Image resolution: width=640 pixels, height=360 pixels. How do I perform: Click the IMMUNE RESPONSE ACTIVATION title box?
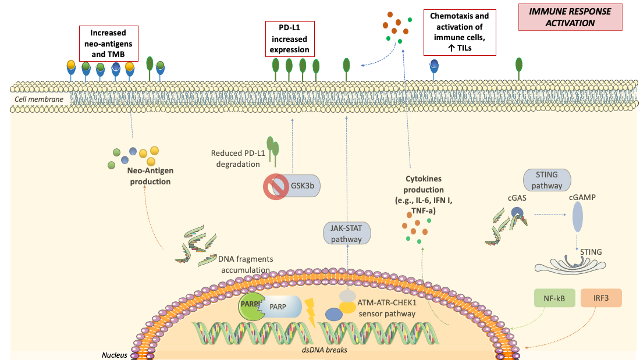pos(570,17)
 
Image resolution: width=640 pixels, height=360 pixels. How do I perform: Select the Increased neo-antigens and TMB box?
pos(110,43)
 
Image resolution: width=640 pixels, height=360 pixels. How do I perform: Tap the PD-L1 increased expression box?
pos(289,38)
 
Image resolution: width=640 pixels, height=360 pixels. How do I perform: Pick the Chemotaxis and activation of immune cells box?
pos(459,33)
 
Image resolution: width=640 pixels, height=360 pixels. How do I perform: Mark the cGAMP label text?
pos(582,197)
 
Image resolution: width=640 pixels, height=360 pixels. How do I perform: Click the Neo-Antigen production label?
pos(149,177)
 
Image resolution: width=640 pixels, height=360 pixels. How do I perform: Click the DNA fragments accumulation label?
pos(244,264)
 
